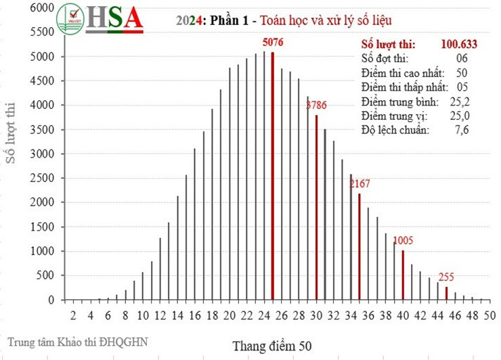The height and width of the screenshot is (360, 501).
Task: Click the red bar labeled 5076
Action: click(x=272, y=176)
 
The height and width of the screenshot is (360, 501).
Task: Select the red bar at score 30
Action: click(x=316, y=207)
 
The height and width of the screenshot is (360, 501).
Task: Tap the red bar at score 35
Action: click(x=360, y=246)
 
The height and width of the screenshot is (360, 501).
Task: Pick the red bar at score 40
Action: click(x=403, y=275)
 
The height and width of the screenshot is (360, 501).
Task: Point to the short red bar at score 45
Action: click(x=446, y=293)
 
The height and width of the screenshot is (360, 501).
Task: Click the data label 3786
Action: click(x=317, y=106)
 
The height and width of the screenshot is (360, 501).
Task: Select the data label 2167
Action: click(x=360, y=184)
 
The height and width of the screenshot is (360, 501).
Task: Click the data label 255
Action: click(x=446, y=277)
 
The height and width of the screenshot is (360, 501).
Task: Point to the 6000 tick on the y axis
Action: click(x=43, y=8)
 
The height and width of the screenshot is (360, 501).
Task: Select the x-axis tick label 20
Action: click(x=229, y=315)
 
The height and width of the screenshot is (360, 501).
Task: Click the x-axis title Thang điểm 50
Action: click(x=271, y=346)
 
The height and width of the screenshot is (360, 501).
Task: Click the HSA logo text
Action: click(x=114, y=19)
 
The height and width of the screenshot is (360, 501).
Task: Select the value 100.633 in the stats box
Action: click(x=459, y=45)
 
